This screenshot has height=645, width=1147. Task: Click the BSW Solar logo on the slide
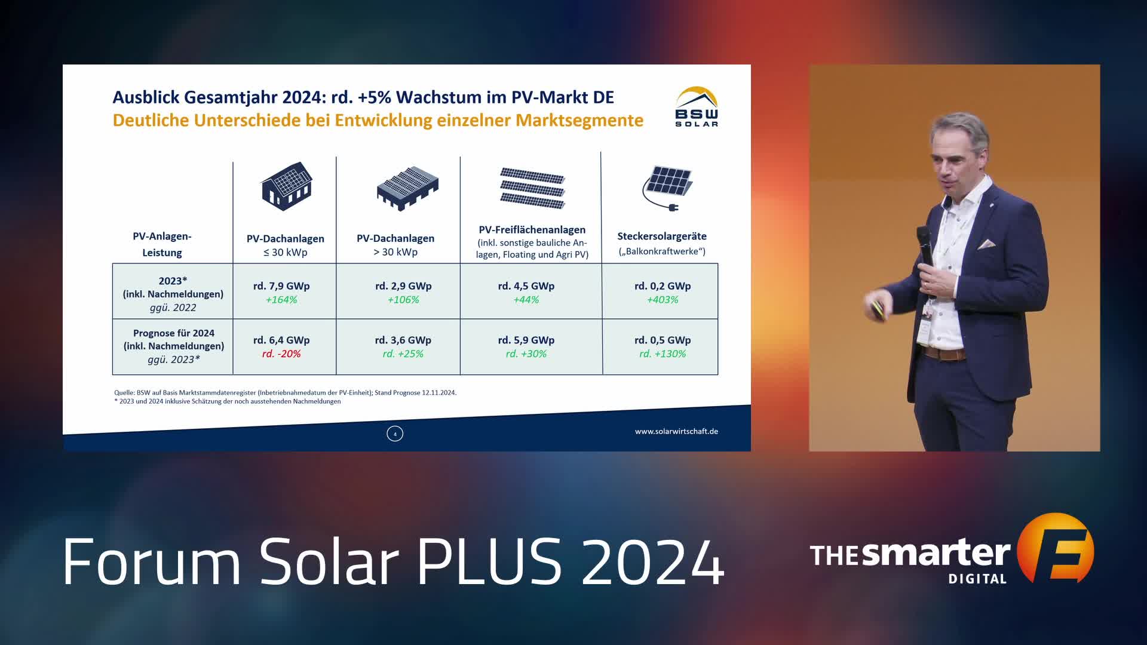click(x=697, y=107)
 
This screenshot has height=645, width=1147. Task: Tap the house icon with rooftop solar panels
click(x=287, y=186)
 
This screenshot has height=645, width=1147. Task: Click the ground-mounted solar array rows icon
click(x=532, y=188)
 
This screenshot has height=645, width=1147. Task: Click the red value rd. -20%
click(x=281, y=354)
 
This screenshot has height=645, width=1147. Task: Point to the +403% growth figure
click(x=663, y=300)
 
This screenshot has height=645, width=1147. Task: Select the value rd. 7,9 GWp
click(x=281, y=286)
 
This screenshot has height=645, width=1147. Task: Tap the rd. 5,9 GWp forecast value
click(x=526, y=340)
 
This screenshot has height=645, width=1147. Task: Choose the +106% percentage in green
click(x=403, y=300)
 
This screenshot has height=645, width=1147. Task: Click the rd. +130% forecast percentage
click(x=663, y=354)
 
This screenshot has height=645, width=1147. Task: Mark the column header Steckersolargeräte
click(x=662, y=236)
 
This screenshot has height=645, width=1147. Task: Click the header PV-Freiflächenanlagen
click(x=532, y=230)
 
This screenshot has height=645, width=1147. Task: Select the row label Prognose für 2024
click(x=174, y=333)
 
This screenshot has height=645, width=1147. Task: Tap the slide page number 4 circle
click(x=395, y=434)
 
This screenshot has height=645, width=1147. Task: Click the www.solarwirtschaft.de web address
click(x=676, y=431)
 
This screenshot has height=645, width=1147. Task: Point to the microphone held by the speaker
click(x=925, y=245)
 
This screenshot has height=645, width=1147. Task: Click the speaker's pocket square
click(x=987, y=244)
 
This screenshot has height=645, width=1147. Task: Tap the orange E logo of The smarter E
click(x=1056, y=548)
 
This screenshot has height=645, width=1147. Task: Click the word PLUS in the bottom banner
click(x=489, y=561)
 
